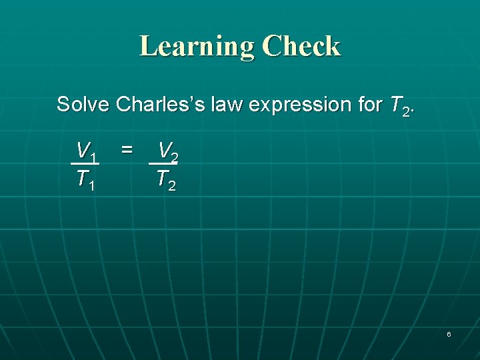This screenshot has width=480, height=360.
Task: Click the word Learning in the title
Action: pyautogui.click(x=197, y=47)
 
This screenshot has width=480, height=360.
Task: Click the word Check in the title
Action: pyautogui.click(x=301, y=47)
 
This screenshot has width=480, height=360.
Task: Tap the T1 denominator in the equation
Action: pyautogui.click(x=85, y=179)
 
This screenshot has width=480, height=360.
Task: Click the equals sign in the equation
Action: pyautogui.click(x=126, y=151)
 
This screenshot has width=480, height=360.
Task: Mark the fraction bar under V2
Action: pyautogui.click(x=163, y=163)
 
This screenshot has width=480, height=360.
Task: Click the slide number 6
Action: pyautogui.click(x=449, y=333)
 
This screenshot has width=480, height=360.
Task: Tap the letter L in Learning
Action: pyautogui.click(x=147, y=47)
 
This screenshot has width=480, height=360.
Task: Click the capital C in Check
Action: pyautogui.click(x=273, y=47)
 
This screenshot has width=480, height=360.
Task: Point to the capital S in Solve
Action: pyautogui.click(x=63, y=105)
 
